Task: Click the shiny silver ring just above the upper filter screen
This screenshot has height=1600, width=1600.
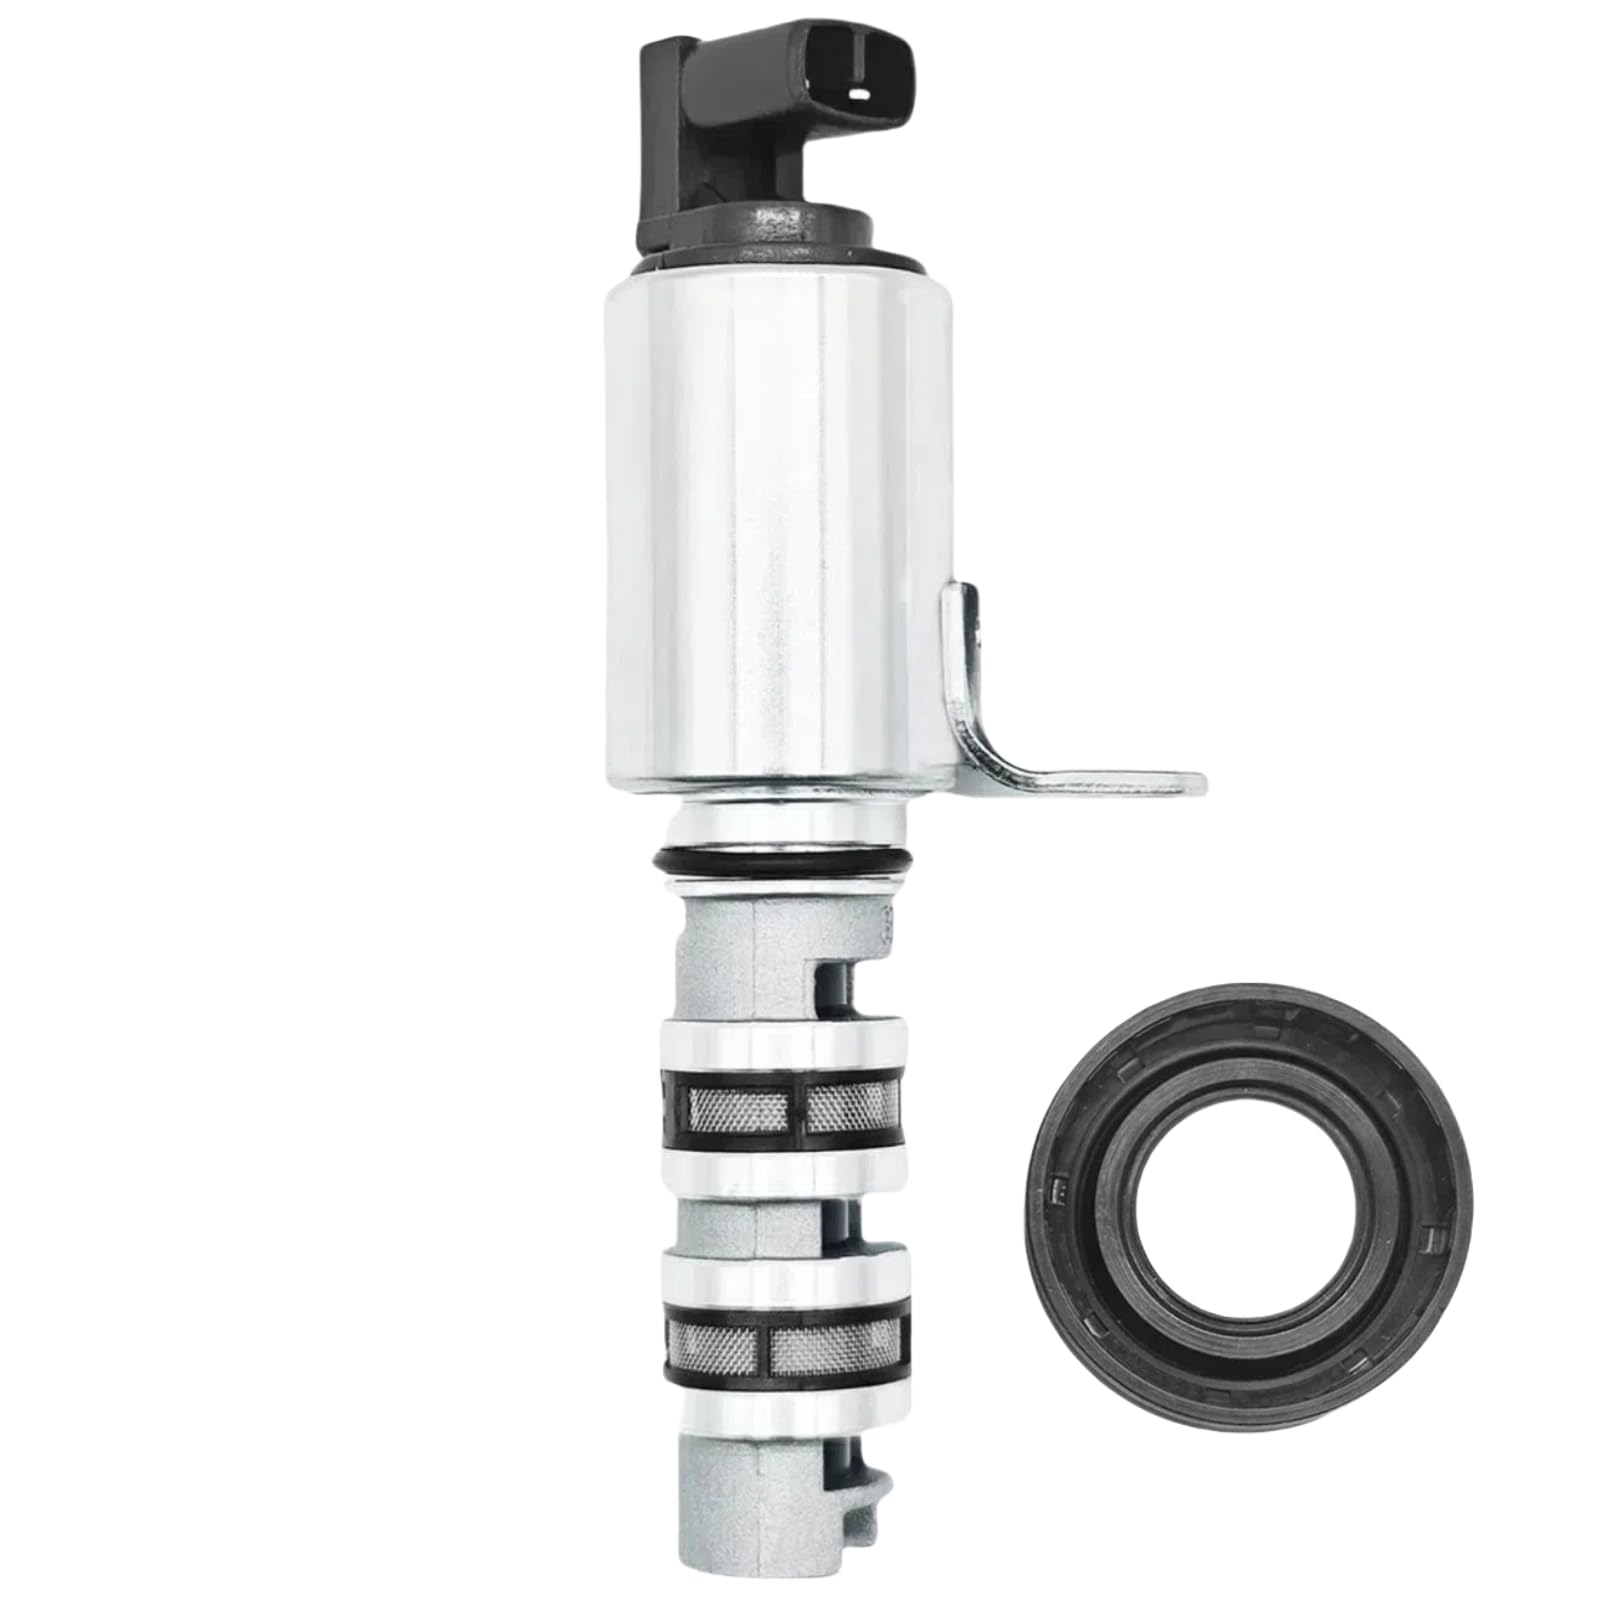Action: (x=780, y=1040)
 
